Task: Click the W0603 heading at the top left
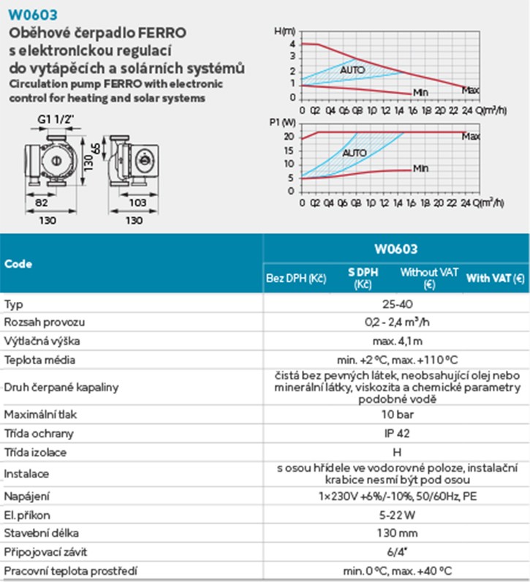(x=34, y=14)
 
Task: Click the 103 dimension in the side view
(x=137, y=201)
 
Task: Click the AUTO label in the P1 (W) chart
(x=355, y=153)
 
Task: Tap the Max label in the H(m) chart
(x=471, y=91)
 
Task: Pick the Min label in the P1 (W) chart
(x=420, y=168)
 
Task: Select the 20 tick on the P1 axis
(x=289, y=137)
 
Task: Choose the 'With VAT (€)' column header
(x=496, y=279)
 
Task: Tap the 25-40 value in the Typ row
(x=395, y=303)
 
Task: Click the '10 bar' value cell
(x=395, y=415)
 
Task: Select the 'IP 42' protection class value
(x=395, y=434)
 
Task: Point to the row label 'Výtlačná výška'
(x=42, y=341)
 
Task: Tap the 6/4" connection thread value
(x=395, y=553)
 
